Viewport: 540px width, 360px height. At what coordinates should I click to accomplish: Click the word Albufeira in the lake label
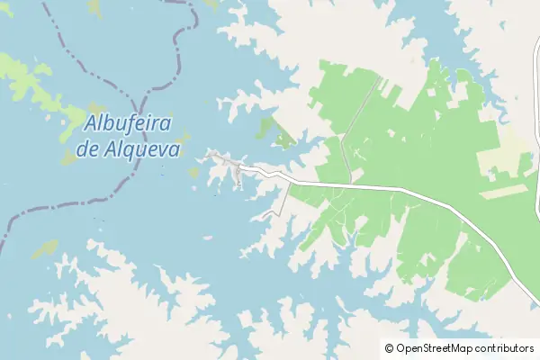pos(130,124)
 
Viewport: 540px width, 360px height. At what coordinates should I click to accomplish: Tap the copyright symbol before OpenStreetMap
pos(389,348)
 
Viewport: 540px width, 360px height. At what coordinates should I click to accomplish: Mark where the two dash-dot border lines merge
pos(145,91)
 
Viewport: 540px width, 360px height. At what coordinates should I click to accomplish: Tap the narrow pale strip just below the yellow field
pos(508,191)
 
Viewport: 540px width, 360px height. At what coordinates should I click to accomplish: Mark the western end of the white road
pos(211,155)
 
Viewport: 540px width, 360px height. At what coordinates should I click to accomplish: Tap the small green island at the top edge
pos(94,6)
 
